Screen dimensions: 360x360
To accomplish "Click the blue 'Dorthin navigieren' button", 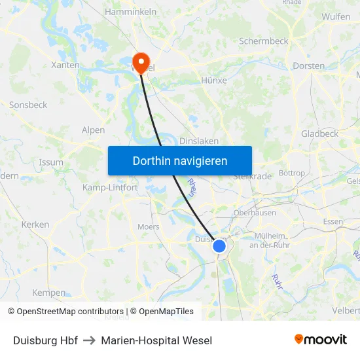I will (180, 160).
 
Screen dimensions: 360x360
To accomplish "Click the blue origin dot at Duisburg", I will (219, 246).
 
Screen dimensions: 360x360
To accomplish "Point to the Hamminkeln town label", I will (130, 12).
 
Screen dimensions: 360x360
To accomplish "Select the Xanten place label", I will (65, 65).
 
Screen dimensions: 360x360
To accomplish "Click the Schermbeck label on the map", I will (263, 41).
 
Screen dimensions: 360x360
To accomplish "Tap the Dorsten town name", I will (309, 65).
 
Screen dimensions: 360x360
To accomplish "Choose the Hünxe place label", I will (213, 80).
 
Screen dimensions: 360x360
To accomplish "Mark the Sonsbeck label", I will (28, 105).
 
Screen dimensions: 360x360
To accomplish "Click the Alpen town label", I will (93, 130).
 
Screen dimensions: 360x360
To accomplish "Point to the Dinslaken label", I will (199, 141).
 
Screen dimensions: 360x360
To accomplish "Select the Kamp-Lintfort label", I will (110, 187).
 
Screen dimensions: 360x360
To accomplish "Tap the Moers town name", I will (149, 227).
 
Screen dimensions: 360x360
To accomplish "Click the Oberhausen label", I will (255, 213).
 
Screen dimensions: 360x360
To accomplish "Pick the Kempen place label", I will (49, 293).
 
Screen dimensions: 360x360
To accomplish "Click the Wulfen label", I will (336, 16).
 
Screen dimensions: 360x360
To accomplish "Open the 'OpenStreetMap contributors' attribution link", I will (70, 312).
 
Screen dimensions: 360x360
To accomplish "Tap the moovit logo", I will (321, 339).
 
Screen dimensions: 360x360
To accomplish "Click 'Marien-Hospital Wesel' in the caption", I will (156, 340).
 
